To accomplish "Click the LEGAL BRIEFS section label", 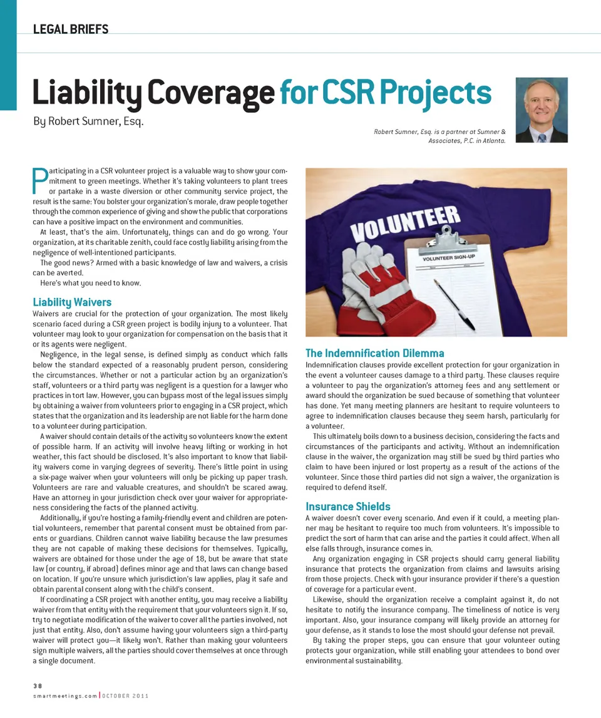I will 71,29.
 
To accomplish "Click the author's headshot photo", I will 542,110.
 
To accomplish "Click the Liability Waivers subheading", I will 71,302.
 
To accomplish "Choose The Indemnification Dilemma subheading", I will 374,353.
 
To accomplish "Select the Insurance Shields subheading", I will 347,506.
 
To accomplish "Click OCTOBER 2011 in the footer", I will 123,695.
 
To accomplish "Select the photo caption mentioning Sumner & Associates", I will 439,136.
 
